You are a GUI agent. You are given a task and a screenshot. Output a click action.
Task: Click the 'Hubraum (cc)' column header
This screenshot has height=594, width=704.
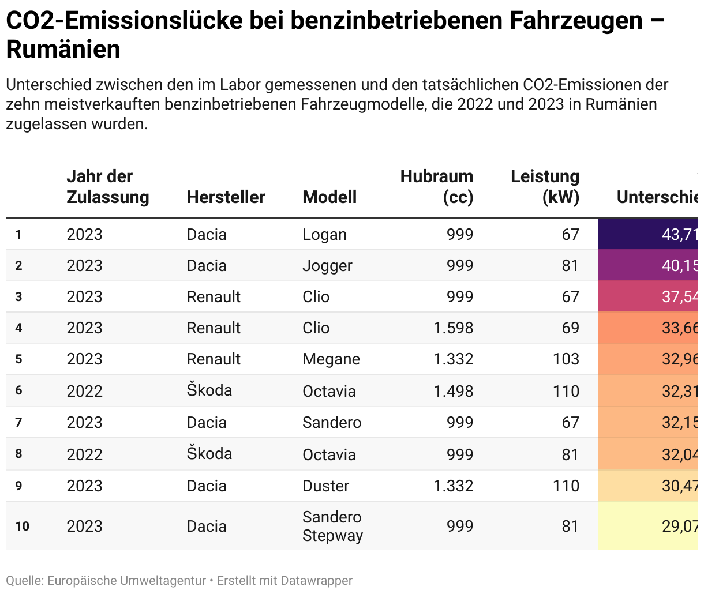(x=437, y=186)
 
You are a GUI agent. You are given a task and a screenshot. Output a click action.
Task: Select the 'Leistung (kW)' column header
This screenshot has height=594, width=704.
(x=545, y=186)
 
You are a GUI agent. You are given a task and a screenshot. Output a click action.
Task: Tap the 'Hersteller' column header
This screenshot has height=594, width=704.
(x=226, y=197)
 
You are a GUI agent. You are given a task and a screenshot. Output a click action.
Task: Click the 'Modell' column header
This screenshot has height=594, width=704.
(x=329, y=197)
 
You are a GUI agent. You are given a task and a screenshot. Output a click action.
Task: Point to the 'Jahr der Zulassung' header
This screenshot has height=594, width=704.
(x=107, y=186)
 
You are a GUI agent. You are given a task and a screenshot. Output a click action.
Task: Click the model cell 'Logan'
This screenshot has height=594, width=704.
(x=324, y=235)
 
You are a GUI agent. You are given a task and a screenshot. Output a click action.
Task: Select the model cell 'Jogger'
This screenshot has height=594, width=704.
(x=327, y=266)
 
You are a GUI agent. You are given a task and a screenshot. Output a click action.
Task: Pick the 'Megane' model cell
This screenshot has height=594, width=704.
(x=331, y=359)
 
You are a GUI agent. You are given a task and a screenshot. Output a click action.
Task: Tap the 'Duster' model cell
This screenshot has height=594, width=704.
(x=325, y=486)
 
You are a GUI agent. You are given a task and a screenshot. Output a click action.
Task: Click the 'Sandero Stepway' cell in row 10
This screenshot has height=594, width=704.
(x=332, y=526)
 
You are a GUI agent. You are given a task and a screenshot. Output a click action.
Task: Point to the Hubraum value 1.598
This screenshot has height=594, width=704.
(x=453, y=328)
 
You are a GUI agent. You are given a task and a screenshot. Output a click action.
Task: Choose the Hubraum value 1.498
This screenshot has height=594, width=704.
(x=453, y=391)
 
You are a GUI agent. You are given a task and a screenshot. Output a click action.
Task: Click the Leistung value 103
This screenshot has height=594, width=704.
(x=566, y=359)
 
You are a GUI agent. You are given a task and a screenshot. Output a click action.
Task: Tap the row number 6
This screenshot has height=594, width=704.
(x=19, y=390)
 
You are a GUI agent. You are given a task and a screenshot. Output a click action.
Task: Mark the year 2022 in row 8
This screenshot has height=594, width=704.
(x=84, y=454)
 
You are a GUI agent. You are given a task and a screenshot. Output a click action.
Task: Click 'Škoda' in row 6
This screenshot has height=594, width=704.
(x=209, y=390)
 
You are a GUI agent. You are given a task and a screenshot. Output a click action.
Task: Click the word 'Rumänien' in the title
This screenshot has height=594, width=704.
(x=63, y=49)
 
